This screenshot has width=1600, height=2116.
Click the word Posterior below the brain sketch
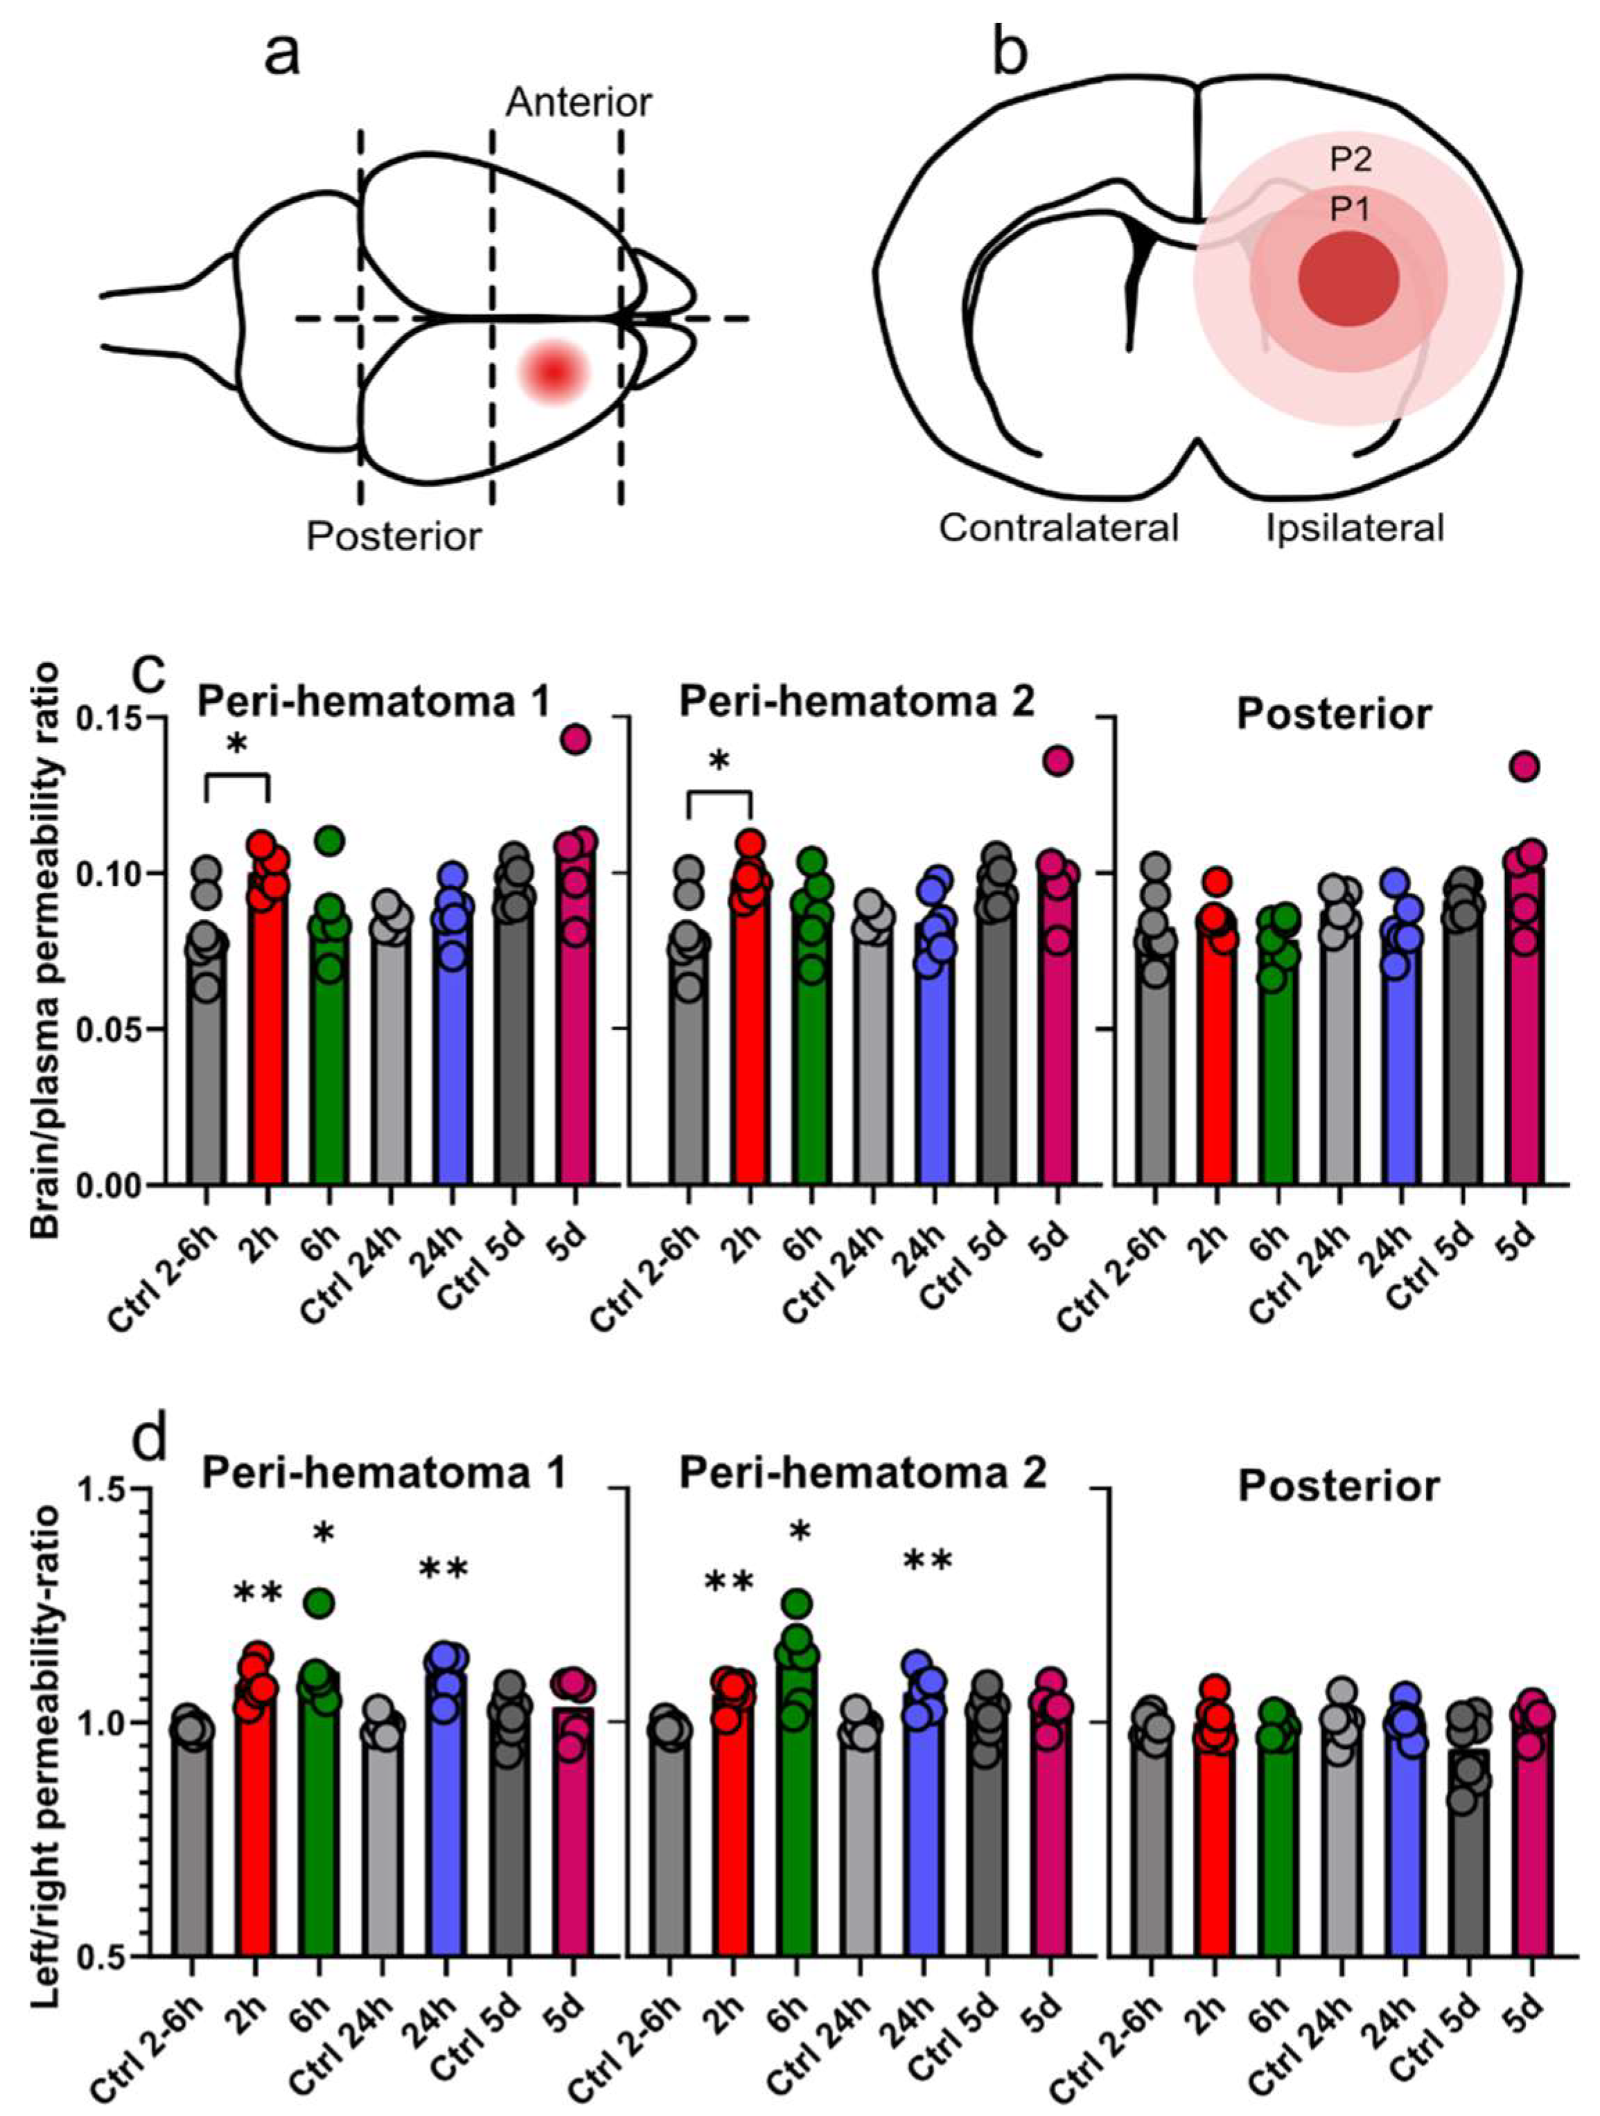394,537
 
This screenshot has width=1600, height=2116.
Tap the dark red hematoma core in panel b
1348,278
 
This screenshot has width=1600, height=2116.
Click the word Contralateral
1058,527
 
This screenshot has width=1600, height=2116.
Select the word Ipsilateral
1354,527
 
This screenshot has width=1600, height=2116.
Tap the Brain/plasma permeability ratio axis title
44,951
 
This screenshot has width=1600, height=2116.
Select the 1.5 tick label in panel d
108,1489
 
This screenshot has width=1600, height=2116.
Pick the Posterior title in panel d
1339,1486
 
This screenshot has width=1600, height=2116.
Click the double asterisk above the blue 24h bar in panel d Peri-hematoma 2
927,1562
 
